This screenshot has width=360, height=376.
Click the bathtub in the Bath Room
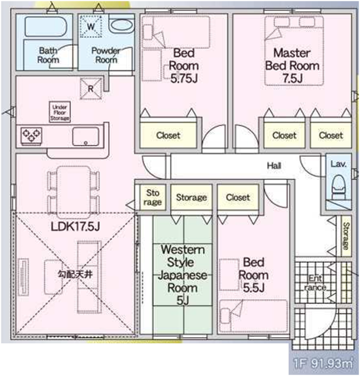tap(45, 27)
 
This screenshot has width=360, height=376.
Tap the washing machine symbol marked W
tap(91, 27)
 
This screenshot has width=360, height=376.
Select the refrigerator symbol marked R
tap(91, 89)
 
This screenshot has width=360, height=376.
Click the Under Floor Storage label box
tap(60, 112)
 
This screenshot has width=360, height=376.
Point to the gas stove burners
tap(31, 136)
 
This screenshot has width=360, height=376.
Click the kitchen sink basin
tap(86, 136)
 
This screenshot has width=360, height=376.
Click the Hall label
tap(274, 165)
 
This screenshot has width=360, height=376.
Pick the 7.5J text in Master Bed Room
tap(292, 78)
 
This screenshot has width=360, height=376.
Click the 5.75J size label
tap(184, 78)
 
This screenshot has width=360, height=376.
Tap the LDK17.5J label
tap(75, 226)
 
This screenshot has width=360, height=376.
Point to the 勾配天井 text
tap(75, 274)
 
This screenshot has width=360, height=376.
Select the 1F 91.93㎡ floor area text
tap(323, 363)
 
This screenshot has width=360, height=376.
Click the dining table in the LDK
tap(73, 192)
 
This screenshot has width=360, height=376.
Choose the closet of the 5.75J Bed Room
tap(168, 135)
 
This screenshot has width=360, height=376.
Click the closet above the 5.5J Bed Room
tap(238, 197)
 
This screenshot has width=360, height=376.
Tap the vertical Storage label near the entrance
tap(346, 236)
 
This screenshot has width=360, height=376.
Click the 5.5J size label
tap(253, 288)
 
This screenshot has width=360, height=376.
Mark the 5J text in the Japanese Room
tap(183, 300)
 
